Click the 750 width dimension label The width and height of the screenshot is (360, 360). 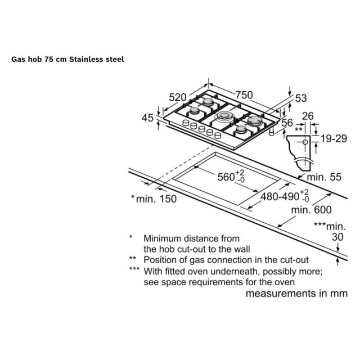244,95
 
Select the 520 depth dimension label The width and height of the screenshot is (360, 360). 178,97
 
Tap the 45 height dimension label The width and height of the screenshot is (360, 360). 147,118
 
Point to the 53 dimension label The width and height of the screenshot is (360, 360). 301,98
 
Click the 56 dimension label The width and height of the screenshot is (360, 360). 287,123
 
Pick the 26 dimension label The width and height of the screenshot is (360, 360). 308,116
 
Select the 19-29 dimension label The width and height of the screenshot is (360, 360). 334,138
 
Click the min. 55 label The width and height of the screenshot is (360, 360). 324,177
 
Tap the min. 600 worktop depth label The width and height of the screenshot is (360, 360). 311,210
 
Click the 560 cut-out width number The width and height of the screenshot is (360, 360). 226,177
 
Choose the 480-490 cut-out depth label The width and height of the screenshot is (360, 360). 280,196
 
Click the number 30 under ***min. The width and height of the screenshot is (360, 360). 337,237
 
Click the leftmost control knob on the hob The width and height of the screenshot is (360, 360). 186,123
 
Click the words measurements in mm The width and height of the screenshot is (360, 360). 296,294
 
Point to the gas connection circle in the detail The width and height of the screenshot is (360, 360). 305,142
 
